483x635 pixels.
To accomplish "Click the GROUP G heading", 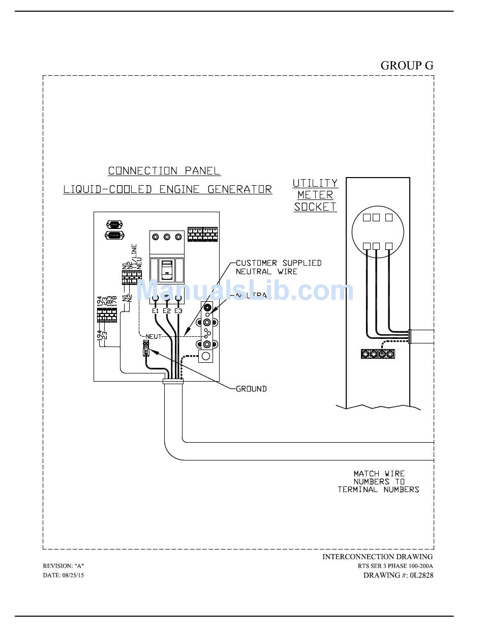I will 407,66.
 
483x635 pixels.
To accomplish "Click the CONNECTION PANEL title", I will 164,171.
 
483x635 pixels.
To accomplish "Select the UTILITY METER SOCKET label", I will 315,195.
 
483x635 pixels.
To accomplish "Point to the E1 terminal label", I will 156,311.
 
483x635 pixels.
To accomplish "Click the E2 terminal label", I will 167,311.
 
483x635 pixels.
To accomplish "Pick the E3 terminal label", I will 178,311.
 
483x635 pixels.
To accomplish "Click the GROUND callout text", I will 251,389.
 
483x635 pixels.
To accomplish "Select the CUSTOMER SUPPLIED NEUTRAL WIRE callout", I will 278,267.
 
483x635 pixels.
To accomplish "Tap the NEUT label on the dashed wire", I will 153,336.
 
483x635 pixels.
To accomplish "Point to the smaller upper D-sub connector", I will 113,224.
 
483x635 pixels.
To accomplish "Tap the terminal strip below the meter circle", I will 378,354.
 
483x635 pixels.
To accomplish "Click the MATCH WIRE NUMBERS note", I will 379,481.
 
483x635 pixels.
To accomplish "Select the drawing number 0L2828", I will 421,575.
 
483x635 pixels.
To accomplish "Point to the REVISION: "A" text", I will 64,566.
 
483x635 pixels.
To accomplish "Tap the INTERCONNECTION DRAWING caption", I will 377,557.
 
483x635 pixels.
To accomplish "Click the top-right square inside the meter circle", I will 389,218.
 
